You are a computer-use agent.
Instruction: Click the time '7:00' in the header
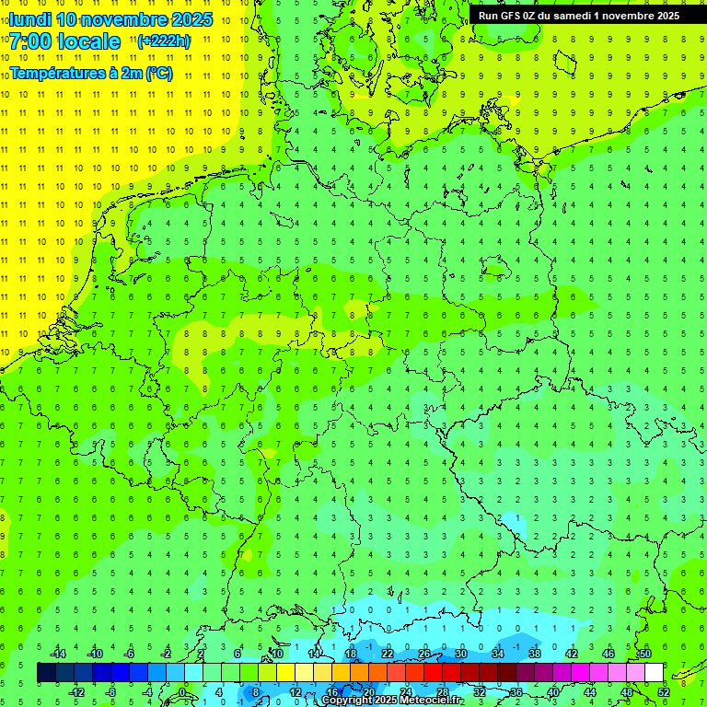pos(30,41)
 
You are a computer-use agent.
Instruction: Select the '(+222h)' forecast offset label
pos(164,41)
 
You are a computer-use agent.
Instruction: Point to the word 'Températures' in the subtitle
pos(54,73)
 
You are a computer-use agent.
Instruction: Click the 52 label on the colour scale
pos(664,692)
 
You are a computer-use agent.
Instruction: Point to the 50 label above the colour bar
pos(644,654)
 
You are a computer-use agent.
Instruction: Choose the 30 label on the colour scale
pos(460,654)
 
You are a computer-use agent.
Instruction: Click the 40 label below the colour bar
pos(553,692)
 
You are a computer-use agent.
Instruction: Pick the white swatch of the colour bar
pos(654,673)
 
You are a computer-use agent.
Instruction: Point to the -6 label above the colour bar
pos(130,654)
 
